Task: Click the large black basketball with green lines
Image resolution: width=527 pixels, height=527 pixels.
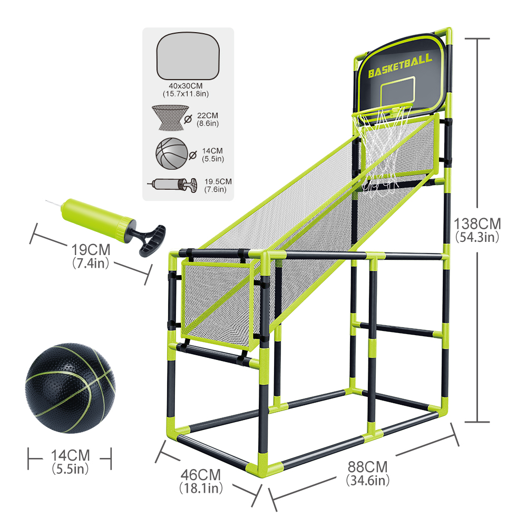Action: click(70, 388)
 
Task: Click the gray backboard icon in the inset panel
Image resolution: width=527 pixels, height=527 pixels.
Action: click(188, 56)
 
